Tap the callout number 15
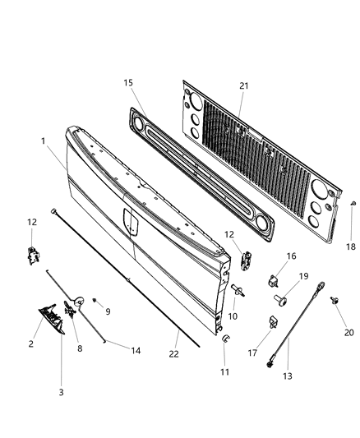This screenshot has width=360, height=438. tap(127, 84)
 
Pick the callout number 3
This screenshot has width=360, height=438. tap(62, 393)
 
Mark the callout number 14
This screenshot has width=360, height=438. tap(136, 351)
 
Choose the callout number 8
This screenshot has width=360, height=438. tap(79, 348)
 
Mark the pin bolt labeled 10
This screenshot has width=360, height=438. tap(238, 288)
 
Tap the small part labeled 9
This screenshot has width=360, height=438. tap(95, 298)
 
